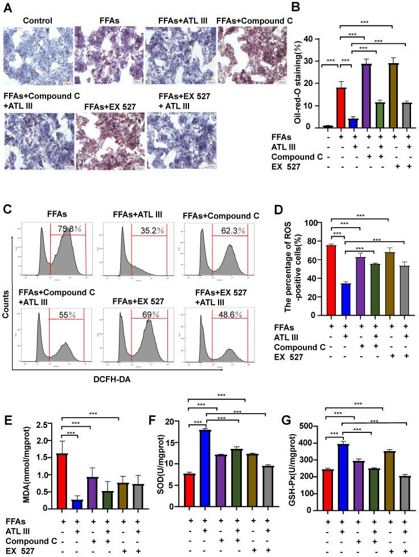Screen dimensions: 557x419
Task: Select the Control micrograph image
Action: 38,56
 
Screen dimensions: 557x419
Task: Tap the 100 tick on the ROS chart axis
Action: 317,223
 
